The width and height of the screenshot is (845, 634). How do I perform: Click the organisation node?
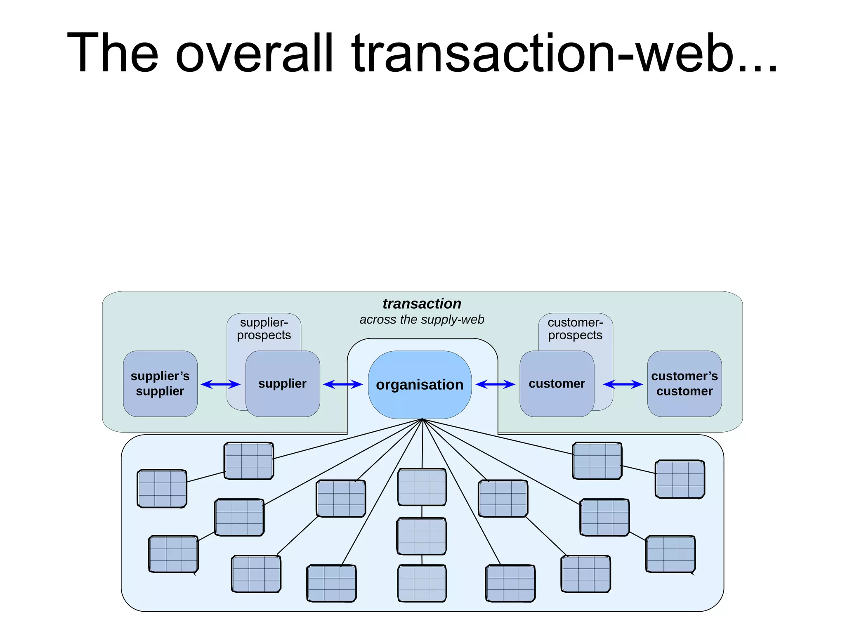(420, 385)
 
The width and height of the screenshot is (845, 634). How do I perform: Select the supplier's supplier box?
(160, 383)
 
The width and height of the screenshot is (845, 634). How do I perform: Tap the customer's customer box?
(684, 383)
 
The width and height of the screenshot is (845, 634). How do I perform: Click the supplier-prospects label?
(264, 329)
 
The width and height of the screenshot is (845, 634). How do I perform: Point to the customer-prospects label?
(575, 329)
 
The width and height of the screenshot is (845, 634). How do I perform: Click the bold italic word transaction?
(422, 304)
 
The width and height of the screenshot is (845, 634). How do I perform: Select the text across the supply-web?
(422, 319)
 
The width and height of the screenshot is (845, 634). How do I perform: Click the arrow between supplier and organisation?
(342, 385)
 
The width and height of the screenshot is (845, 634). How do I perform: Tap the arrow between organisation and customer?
(495, 385)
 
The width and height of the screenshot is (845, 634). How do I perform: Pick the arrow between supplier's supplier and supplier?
(220, 385)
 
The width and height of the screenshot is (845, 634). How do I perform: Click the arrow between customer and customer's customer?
(623, 385)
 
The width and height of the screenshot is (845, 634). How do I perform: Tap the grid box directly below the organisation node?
(422, 487)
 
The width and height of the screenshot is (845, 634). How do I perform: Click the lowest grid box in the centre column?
(422, 583)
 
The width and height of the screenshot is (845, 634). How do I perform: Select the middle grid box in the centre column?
(422, 536)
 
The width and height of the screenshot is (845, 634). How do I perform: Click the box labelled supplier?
(283, 383)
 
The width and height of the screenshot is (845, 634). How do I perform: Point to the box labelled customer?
(557, 383)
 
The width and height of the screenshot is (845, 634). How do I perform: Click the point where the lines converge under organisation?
(422, 419)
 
